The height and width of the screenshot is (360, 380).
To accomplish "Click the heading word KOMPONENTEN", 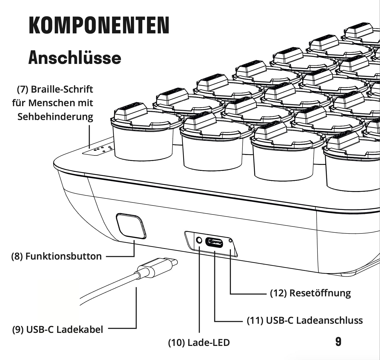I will (99, 25).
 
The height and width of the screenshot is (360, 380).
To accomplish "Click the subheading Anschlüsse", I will (75, 58).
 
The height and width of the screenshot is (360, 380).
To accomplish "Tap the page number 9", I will (338, 342).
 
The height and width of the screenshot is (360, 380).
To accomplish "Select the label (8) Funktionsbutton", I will (56, 256).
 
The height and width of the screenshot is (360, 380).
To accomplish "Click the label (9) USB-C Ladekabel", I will (58, 329).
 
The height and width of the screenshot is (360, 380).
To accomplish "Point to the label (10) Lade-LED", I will (199, 343).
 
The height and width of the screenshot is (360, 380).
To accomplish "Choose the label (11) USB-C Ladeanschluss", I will (305, 320).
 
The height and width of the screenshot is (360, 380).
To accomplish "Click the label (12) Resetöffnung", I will (310, 293).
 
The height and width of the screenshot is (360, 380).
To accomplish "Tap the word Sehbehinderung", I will (55, 116).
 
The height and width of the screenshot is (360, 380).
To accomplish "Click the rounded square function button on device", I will (131, 226).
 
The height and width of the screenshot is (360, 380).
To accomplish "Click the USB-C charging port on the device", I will (214, 243).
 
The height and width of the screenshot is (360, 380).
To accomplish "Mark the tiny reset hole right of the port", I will (230, 240).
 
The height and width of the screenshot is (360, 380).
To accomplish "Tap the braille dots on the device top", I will (103, 149).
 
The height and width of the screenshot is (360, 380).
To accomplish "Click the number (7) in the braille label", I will (22, 89).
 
